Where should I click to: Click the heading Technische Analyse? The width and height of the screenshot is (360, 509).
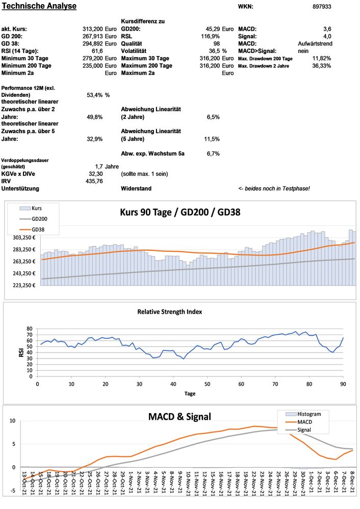[39, 6]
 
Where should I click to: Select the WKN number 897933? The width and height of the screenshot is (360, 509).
[322, 7]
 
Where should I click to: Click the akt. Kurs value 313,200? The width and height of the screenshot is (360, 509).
[93, 29]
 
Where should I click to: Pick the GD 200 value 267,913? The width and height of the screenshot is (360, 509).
[93, 36]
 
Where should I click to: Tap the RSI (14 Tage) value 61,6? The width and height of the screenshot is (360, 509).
[97, 51]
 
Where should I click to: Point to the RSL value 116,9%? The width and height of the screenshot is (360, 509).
[210, 36]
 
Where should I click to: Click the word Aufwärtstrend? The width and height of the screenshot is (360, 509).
[315, 44]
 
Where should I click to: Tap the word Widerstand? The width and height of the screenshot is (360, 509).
[136, 189]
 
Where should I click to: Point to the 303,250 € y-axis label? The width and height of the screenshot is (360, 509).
[22, 237]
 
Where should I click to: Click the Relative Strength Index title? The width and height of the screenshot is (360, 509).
[180, 311]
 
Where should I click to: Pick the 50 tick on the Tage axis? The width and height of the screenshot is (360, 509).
[207, 384]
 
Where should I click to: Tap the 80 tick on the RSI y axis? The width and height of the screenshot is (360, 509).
[29, 329]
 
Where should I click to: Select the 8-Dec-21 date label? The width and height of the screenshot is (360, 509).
[352, 482]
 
